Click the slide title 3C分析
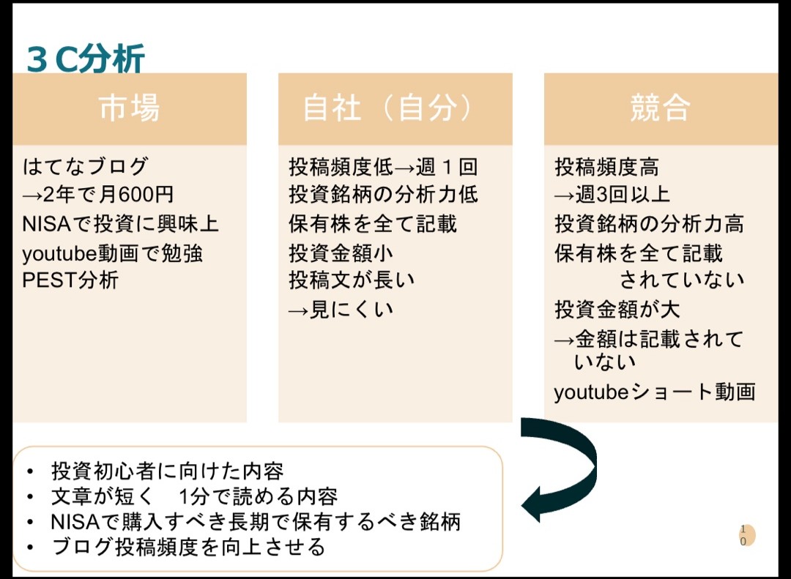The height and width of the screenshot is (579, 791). [86, 59]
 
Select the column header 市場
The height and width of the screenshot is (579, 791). [130, 108]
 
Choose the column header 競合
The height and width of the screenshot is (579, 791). [660, 108]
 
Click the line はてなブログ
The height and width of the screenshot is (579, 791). [86, 167]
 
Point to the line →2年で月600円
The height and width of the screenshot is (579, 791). [98, 195]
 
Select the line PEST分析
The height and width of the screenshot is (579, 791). [70, 280]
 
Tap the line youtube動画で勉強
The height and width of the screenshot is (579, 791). [113, 253]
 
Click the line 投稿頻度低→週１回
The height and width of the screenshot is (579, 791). [383, 167]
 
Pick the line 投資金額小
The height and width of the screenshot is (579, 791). [341, 253]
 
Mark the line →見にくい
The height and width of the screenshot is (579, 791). [341, 310]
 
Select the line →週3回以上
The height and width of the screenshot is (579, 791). [612, 195]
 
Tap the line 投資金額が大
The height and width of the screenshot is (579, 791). [617, 310]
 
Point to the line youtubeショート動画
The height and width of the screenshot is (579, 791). [654, 392]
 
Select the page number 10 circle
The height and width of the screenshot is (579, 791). [746, 535]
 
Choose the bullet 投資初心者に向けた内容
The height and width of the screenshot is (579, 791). [167, 470]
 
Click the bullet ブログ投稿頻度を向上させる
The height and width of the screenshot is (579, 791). [188, 547]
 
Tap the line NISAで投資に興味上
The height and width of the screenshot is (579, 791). [120, 224]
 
